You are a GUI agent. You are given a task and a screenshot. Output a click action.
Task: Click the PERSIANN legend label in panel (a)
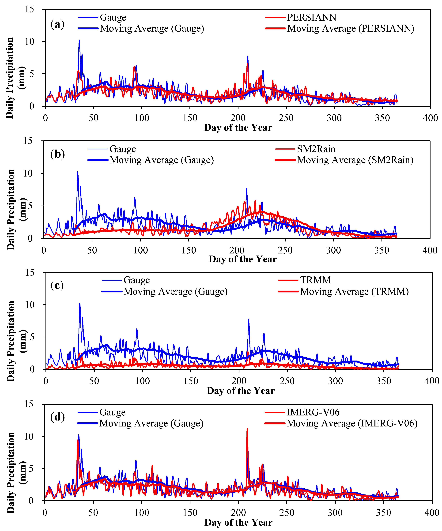312,17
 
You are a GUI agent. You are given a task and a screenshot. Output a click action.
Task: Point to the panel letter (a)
57,25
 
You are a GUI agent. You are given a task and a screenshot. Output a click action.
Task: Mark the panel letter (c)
57,286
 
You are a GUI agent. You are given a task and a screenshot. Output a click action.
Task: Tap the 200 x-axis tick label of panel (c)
239,381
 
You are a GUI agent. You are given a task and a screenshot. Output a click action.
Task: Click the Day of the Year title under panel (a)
238,127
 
